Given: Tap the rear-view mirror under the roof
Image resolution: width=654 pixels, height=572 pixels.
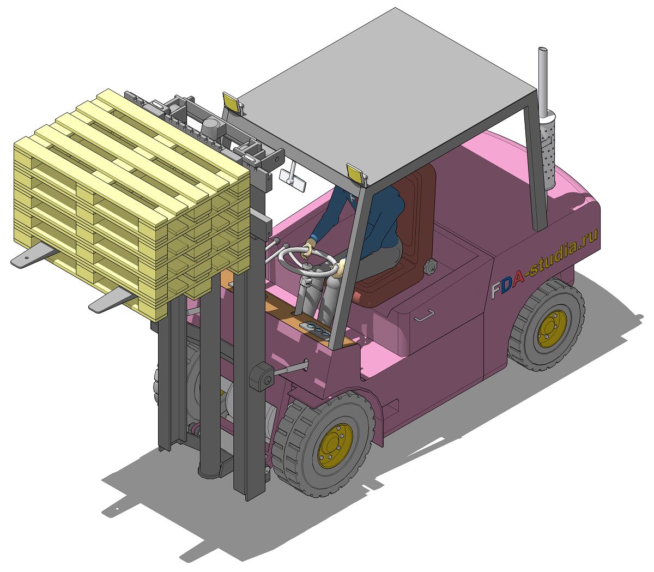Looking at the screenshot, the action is pos(293,180).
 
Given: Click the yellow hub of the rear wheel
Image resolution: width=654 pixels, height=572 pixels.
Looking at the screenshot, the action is pos(552,329).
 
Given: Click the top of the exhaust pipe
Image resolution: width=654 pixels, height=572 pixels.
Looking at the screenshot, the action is pos(542,49).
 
